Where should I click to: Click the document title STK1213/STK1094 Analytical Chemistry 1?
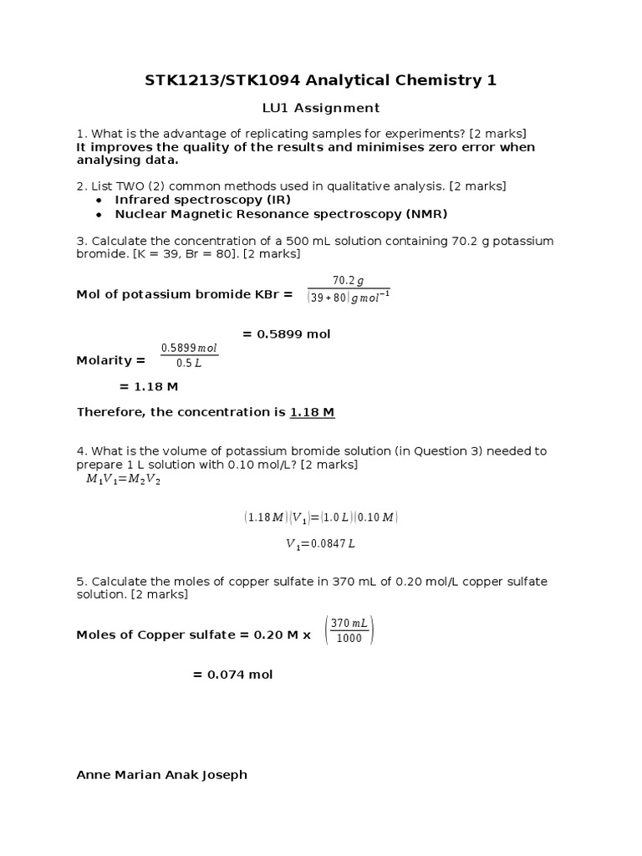[321, 80]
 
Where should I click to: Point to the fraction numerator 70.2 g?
[349, 281]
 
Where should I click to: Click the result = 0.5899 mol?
[287, 334]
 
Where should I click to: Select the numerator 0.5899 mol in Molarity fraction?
[189, 348]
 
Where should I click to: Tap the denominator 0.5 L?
[189, 364]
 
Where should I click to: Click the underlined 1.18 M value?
[313, 413]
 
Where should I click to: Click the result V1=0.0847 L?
[321, 544]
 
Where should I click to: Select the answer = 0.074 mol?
[233, 675]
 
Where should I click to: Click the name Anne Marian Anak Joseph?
[162, 775]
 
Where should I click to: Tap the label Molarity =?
[110, 360]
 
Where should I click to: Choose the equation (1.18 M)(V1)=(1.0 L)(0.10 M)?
[321, 517]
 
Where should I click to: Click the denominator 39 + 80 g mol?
[349, 297]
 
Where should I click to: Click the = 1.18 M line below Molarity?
[149, 387]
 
